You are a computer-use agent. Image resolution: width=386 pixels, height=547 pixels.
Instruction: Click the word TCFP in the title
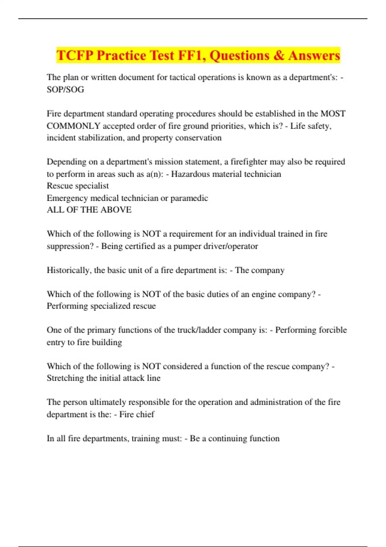[75, 55]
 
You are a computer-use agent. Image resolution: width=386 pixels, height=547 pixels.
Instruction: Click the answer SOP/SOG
[65, 89]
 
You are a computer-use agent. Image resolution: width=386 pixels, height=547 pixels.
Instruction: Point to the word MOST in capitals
[333, 114]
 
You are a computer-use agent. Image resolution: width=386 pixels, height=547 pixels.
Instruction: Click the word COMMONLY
[73, 126]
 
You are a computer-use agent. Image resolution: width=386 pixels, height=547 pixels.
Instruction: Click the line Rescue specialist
[78, 186]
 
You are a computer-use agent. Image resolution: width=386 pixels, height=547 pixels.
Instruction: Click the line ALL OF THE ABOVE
[89, 210]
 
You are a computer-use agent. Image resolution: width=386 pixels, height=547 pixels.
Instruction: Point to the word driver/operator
[231, 246]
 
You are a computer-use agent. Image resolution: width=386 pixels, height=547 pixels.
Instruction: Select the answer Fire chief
[137, 414]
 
